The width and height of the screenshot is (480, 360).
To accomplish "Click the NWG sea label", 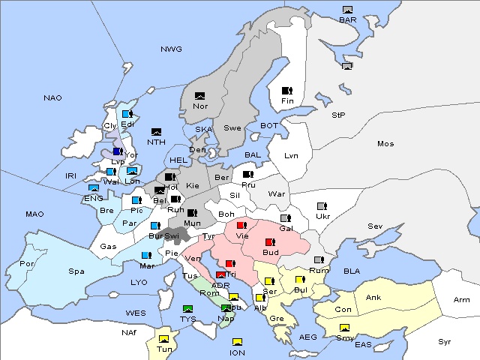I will pyautogui.click(x=171, y=49).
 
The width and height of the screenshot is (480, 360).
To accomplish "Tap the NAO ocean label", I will pyautogui.click(x=52, y=98).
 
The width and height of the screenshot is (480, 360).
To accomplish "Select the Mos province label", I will pyautogui.click(x=385, y=143).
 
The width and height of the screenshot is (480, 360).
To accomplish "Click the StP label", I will pyautogui.click(x=338, y=115).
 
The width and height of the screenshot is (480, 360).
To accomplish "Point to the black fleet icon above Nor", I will pyautogui.click(x=199, y=96).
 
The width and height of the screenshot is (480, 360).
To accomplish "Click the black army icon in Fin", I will pyautogui.click(x=286, y=91).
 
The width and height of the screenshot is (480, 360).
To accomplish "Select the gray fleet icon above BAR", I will pyautogui.click(x=347, y=10).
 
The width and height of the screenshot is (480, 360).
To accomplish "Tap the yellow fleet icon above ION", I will pyautogui.click(x=237, y=342).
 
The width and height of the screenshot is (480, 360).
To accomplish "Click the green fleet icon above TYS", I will pyautogui.click(x=188, y=309).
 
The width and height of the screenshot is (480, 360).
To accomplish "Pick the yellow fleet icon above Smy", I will pyautogui.click(x=344, y=328).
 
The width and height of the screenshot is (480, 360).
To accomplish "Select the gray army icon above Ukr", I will pyautogui.click(x=322, y=206).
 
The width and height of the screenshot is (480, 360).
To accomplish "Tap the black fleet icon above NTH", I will pyautogui.click(x=156, y=132).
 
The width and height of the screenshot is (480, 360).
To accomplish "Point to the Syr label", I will pyautogui.click(x=445, y=341).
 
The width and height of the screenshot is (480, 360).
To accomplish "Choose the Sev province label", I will pyautogui.click(x=375, y=226).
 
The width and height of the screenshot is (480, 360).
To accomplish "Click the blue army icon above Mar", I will pyautogui.click(x=146, y=255).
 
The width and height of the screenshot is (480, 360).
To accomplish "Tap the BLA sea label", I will pyautogui.click(x=352, y=271).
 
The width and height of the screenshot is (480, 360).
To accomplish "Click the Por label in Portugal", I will pyautogui.click(x=27, y=264).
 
